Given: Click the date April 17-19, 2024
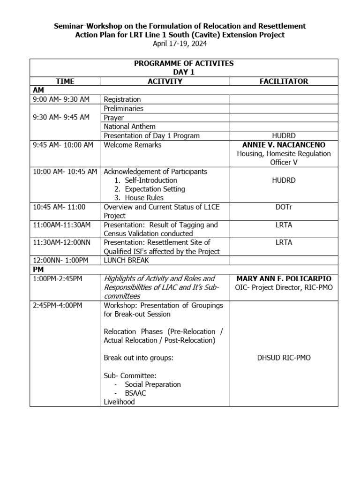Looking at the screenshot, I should point(180,44).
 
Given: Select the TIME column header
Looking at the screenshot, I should point(65,81).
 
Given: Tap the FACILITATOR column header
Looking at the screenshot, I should point(284,81).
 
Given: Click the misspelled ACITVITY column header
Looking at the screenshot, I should point(165,81).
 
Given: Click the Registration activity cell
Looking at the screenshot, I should point(122,99).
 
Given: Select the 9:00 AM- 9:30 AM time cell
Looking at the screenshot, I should point(61,99).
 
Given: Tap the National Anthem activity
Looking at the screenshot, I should point(130,127).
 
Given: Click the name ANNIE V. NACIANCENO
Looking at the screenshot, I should point(284,145).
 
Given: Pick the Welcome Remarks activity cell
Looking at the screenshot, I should point(133,145).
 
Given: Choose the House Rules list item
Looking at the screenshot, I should point(144,198).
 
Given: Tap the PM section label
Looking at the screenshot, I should point(38,270).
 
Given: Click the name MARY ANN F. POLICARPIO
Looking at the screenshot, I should point(284,279).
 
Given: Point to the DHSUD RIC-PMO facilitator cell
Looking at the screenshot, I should point(284,358).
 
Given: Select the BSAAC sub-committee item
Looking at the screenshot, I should point(136,393).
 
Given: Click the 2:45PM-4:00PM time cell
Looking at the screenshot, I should point(58,306).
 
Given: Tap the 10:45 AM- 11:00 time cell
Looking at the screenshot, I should point(60,207).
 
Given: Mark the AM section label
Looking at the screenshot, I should point(38,90).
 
